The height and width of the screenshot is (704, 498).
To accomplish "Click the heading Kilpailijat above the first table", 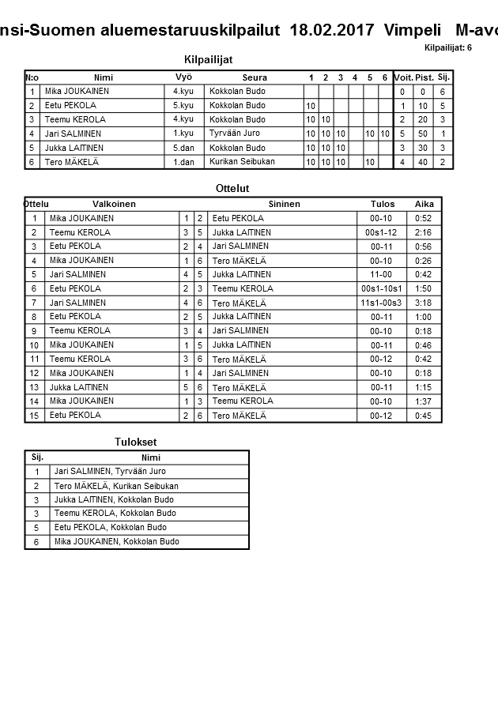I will pyautogui.click(x=207, y=60).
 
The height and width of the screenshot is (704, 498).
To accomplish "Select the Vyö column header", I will pyautogui.click(x=183, y=77).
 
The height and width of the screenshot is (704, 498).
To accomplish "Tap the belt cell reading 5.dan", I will pyautogui.click(x=183, y=148).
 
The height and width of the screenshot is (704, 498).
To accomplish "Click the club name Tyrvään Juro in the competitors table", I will pyautogui.click(x=235, y=134).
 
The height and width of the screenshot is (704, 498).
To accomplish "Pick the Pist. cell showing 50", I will pyautogui.click(x=423, y=134).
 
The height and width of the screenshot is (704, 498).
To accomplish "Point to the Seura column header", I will pyautogui.click(x=255, y=77).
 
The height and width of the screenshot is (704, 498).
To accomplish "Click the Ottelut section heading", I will pyautogui.click(x=232, y=189).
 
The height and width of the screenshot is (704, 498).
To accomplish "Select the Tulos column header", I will pyautogui.click(x=383, y=204).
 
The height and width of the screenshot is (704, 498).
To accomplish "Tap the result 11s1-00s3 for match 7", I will pyautogui.click(x=381, y=303).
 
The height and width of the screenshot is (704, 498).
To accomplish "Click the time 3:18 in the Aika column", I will pyautogui.click(x=423, y=303).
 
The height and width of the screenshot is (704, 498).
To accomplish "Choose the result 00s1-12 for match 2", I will pyautogui.click(x=381, y=232).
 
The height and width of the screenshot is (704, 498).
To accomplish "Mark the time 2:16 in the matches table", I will pyautogui.click(x=423, y=232).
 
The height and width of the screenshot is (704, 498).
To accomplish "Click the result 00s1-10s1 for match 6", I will pyautogui.click(x=381, y=288).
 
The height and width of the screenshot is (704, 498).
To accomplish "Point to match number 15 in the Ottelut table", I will pyautogui.click(x=34, y=415).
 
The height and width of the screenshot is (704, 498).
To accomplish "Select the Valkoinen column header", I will pyautogui.click(x=114, y=204).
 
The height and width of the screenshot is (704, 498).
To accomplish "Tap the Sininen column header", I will pyautogui.click(x=284, y=204).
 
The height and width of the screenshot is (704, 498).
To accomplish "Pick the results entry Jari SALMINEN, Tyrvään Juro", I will pyautogui.click(x=109, y=471).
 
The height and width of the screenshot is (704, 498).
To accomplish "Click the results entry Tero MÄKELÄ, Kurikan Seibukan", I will pyautogui.click(x=116, y=485).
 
